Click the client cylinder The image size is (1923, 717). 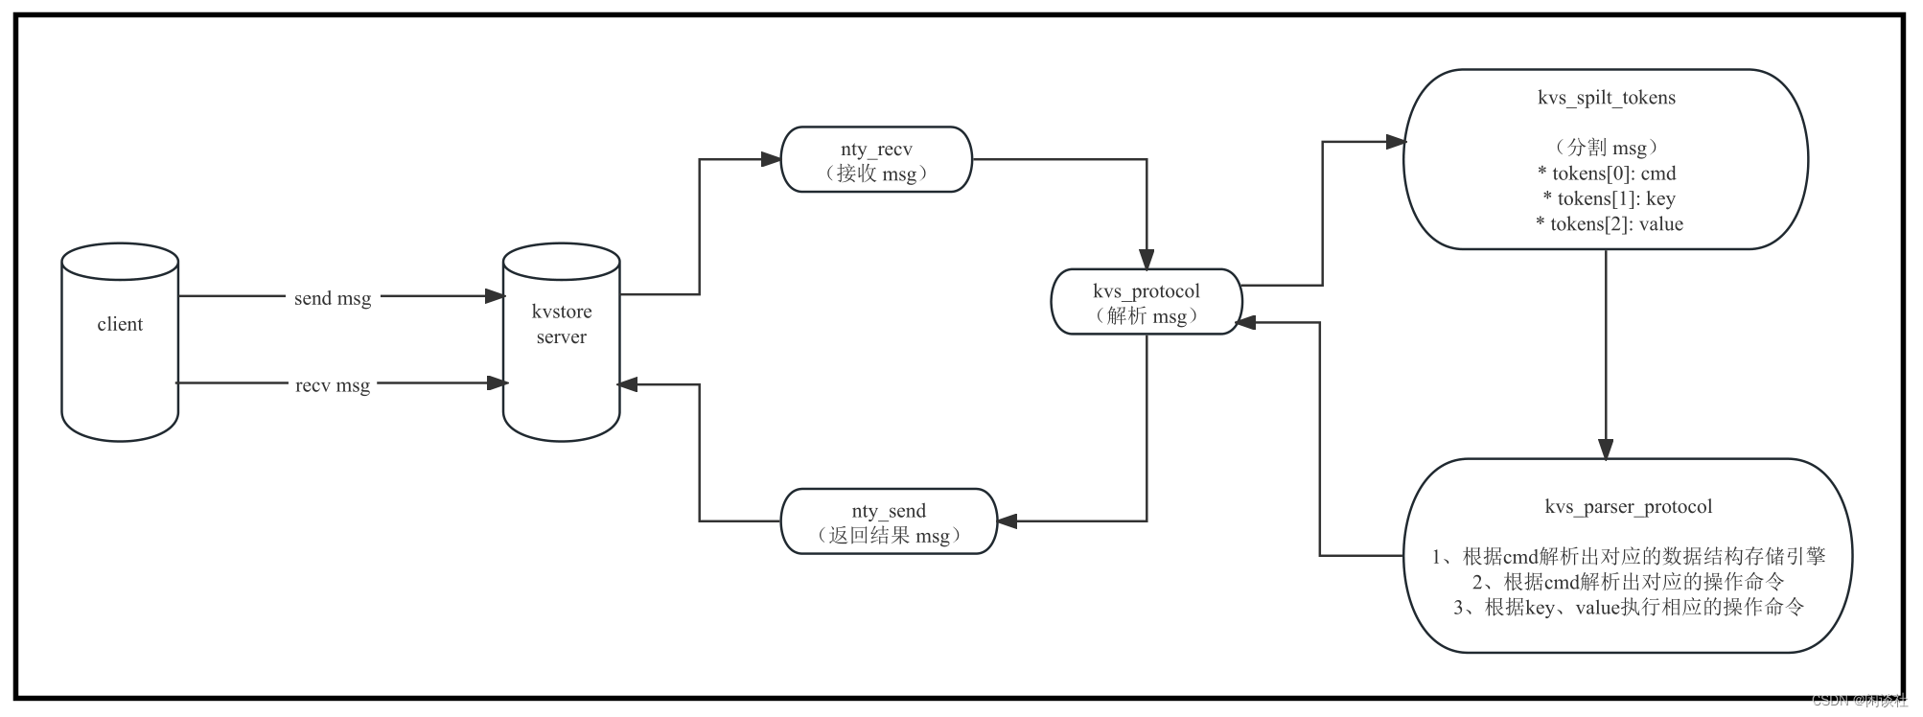120,342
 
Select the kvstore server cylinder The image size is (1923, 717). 562,342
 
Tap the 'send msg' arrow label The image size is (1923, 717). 333,298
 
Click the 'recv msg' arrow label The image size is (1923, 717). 333,385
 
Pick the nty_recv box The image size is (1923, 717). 876,160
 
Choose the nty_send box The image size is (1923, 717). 889,522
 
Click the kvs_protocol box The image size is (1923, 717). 1146,302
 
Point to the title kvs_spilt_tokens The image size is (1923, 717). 1606,98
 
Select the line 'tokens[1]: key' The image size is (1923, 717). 1608,198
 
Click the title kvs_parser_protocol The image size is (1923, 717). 1628,507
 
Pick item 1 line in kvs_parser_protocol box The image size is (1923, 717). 1628,557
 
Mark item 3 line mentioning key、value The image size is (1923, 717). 1628,608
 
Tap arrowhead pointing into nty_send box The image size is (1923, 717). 1008,521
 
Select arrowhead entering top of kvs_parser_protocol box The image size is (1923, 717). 1606,449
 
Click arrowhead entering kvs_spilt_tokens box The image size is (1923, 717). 1395,142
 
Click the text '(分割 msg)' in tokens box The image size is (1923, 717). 1606,148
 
